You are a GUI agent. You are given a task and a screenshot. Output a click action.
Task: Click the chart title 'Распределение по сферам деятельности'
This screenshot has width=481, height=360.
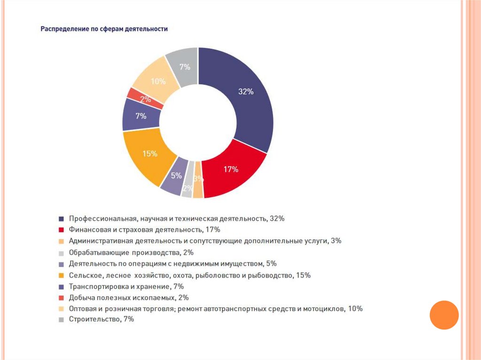coord(104,29)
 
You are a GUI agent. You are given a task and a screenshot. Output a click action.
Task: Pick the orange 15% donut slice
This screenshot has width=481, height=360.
coord(148,157)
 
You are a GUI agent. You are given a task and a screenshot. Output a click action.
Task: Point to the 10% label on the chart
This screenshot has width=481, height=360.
coord(158,81)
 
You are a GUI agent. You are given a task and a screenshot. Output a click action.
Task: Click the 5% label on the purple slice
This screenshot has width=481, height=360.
coord(176,176)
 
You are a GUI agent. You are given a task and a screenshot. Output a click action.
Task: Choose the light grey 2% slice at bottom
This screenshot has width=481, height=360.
coord(187,185)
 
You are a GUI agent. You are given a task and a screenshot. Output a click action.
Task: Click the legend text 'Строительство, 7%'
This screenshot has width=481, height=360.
coord(101,320)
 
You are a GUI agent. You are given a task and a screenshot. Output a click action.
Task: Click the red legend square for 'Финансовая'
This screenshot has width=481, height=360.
coord(61,230)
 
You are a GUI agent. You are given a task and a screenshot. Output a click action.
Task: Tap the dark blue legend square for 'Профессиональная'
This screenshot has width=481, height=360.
coord(61,219)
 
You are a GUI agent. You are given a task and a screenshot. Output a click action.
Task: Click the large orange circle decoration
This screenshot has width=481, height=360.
coord(444,314)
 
